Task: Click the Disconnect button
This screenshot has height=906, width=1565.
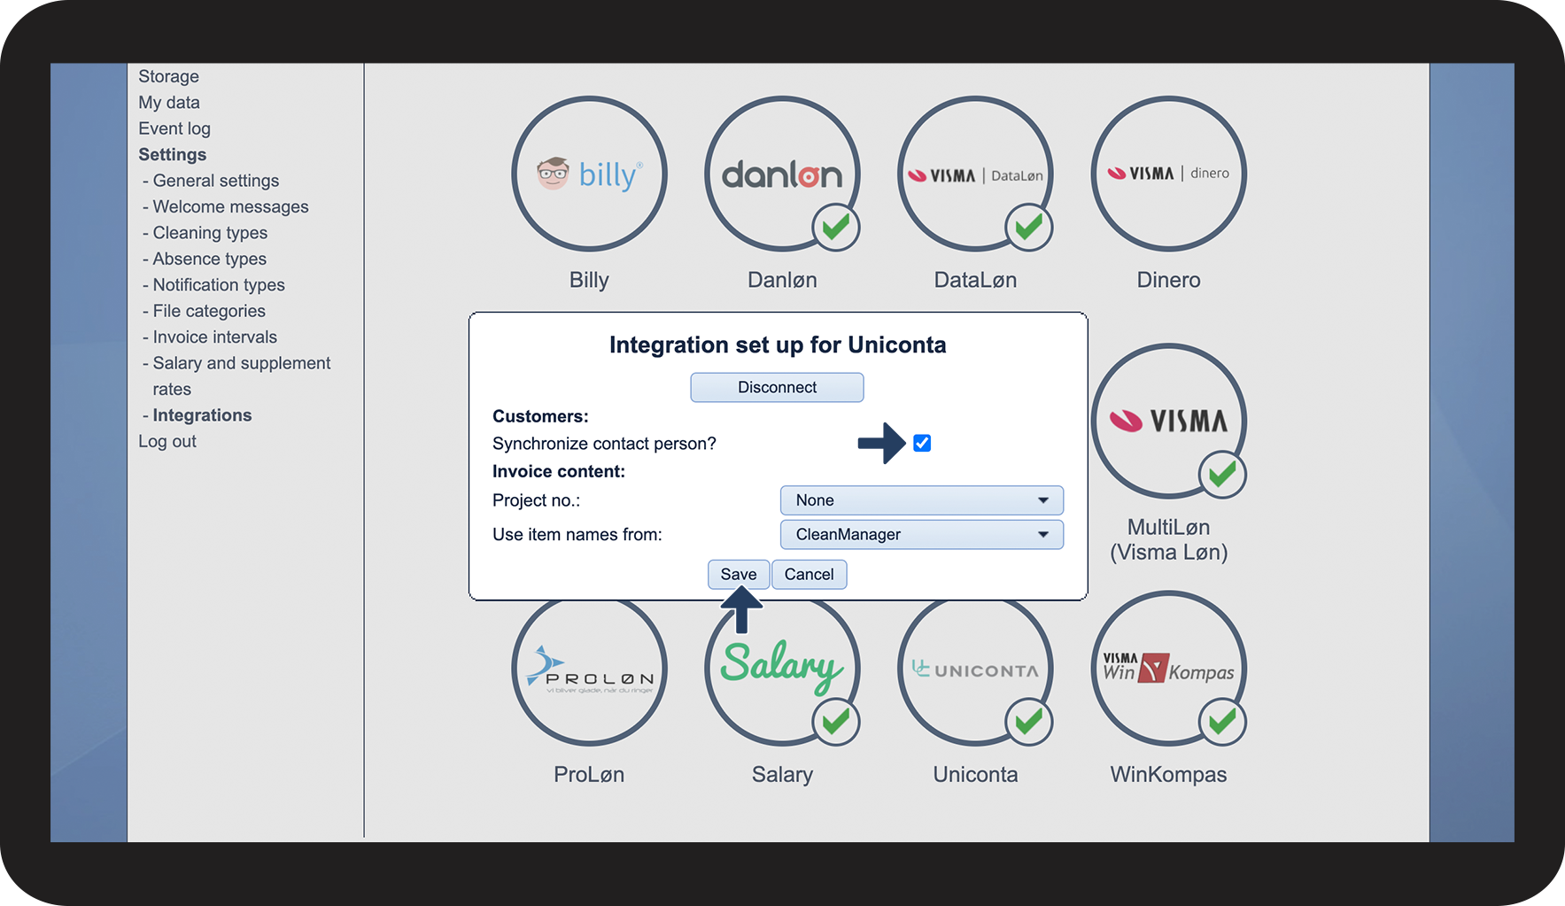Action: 777,387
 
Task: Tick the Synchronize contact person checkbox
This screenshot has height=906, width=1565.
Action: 922,443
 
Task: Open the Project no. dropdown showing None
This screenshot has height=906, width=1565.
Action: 921,500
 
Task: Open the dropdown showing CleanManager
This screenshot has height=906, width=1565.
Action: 921,535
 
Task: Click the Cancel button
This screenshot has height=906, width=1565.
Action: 809,575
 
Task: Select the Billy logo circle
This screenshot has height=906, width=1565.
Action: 589,174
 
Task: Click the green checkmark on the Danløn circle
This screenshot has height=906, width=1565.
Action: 835,227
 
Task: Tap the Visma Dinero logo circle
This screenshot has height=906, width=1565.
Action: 1168,174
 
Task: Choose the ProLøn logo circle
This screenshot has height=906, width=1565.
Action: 589,670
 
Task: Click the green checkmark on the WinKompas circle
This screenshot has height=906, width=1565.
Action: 1222,722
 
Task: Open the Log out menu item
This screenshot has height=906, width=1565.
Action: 167,441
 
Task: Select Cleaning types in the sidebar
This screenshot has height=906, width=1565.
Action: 210,233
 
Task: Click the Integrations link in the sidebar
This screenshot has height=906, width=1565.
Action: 202,415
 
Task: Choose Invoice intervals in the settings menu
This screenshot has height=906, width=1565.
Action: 214,337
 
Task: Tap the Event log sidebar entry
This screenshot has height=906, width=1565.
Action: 174,128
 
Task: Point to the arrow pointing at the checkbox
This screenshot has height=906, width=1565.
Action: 881,443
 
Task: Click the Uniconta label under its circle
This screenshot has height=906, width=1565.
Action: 975,775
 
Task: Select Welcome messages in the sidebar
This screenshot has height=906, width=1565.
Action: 230,206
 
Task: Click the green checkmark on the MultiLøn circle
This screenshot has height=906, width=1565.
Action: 1222,475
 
